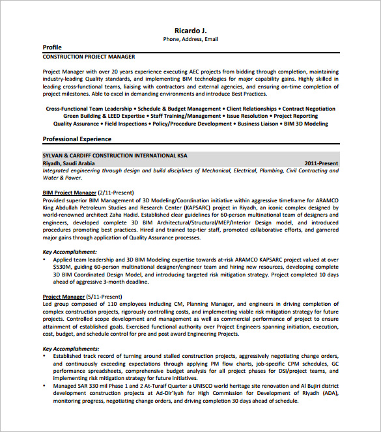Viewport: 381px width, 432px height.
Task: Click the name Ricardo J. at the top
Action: pyautogui.click(x=191, y=30)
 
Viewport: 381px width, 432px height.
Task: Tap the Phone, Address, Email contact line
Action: pyautogui.click(x=190, y=39)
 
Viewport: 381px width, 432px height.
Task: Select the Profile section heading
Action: pyautogui.click(x=52, y=47)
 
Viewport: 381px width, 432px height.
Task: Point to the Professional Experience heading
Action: pyautogui.click(x=77, y=139)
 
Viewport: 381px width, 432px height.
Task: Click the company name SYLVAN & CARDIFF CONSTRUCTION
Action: pyautogui.click(x=115, y=155)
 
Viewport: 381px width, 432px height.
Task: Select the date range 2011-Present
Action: pyautogui.click(x=321, y=163)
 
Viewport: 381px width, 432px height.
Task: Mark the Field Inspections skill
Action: pyautogui.click(x=126, y=123)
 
